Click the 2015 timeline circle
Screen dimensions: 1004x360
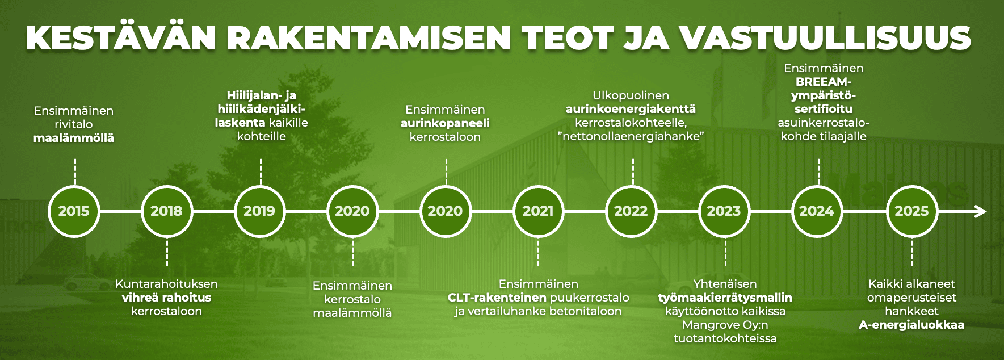point(74,211)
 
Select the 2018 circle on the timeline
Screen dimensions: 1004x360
point(166,211)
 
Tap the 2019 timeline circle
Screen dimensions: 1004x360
point(259,211)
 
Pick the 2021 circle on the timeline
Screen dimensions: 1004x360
point(538,211)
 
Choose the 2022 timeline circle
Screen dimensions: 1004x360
point(631,211)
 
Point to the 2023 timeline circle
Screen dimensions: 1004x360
point(724,211)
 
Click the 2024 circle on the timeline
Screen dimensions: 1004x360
point(817,211)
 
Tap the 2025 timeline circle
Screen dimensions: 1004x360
point(911,211)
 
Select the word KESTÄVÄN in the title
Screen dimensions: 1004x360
point(121,37)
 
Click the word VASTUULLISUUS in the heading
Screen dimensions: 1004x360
point(825,37)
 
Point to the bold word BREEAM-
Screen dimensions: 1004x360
point(824,82)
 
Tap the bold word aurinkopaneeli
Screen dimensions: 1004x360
point(445,123)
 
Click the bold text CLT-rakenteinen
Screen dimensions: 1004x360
point(497,298)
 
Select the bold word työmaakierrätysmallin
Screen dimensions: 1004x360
point(725,298)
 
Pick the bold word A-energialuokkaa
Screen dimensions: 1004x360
point(911,325)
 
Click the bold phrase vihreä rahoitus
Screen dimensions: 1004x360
point(166,298)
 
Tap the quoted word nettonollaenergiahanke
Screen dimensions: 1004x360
point(631,136)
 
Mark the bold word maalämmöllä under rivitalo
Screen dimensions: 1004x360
point(74,138)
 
